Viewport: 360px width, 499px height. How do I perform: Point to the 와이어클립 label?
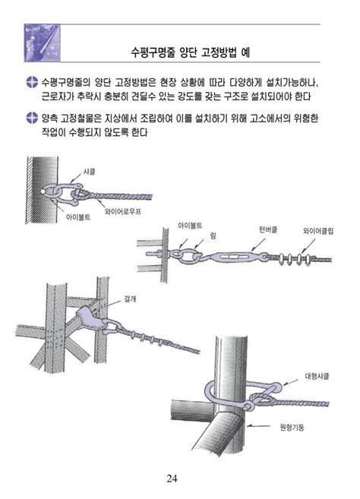[319, 229]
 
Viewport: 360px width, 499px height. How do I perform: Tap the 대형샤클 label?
[316, 375]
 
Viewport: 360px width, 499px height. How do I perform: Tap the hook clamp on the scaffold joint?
[92, 320]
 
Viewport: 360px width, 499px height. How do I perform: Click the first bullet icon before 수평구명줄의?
[31, 83]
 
